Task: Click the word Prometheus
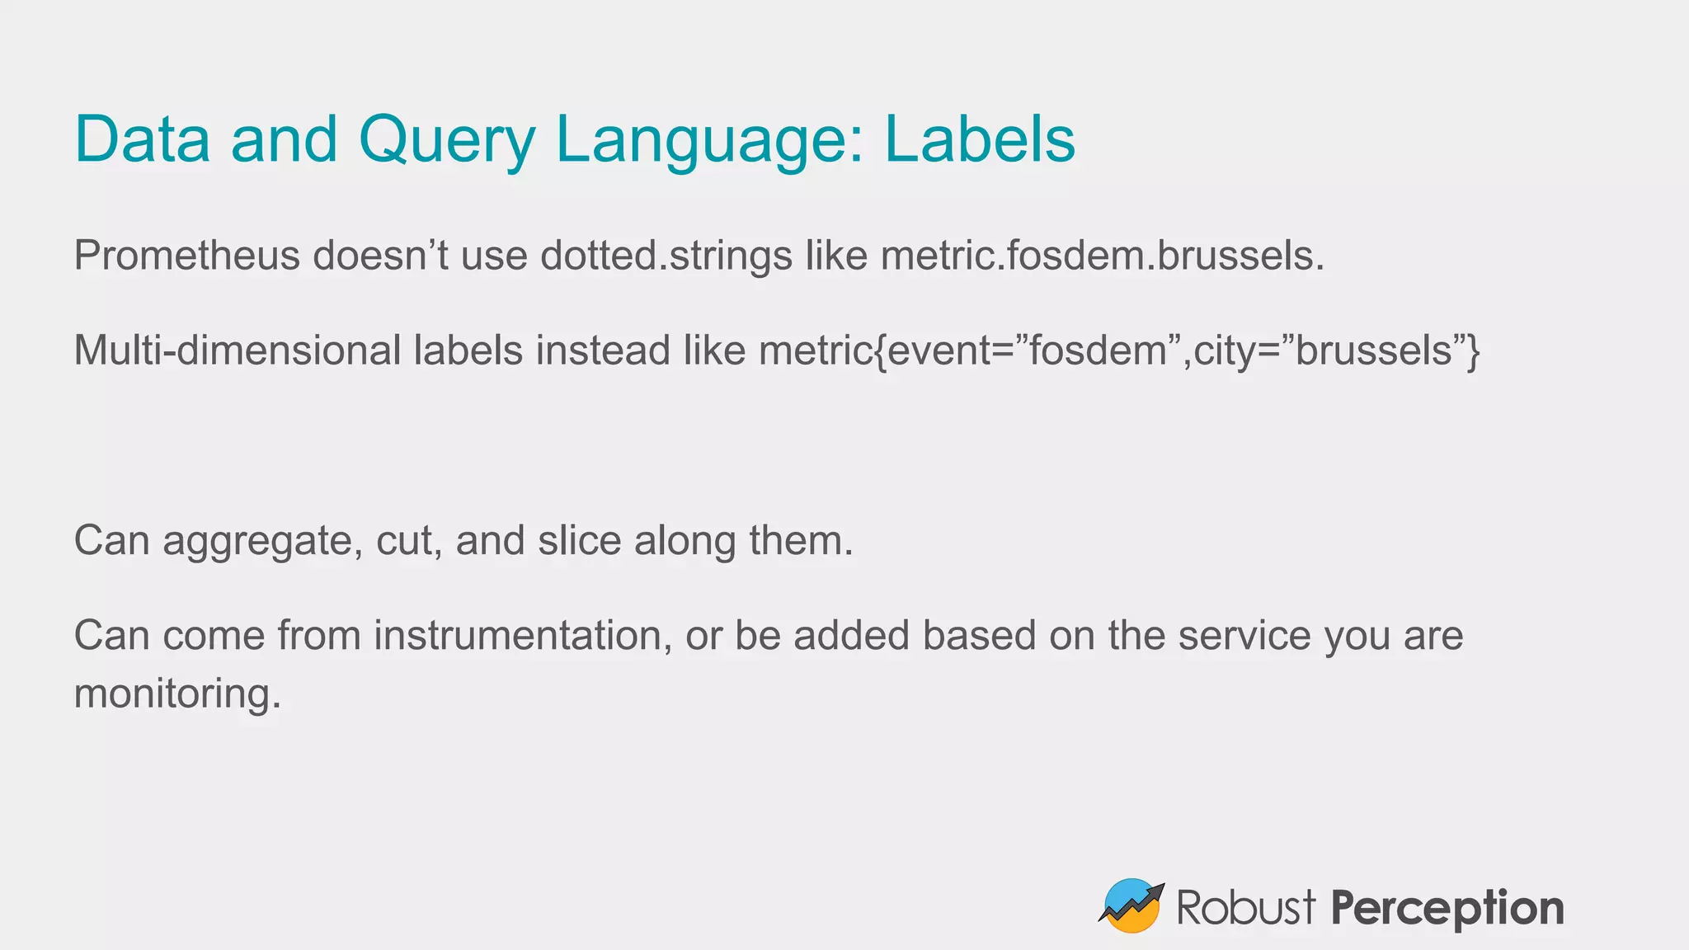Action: tap(186, 256)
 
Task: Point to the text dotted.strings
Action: tap(666, 256)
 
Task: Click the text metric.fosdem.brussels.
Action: tap(1102, 256)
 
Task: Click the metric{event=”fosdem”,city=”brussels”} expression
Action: tap(1119, 350)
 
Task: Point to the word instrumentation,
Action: tap(523, 636)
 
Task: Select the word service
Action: tap(1244, 636)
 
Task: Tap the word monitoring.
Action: tap(177, 694)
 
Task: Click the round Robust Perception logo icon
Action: tap(1131, 905)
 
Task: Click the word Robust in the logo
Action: tap(1245, 908)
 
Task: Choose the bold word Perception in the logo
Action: tap(1447, 908)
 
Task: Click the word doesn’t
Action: tap(379, 256)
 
